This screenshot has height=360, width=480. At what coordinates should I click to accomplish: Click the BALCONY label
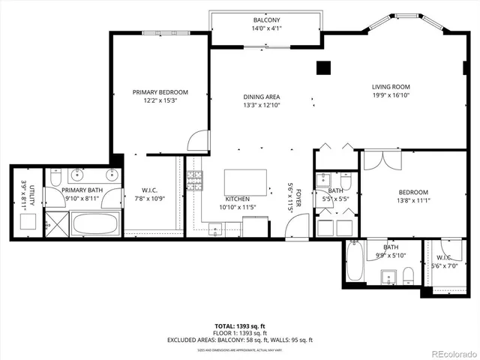pyautogui.click(x=266, y=19)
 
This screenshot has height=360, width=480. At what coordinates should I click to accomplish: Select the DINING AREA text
pyautogui.click(x=261, y=97)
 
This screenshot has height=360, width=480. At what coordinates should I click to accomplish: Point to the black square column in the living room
pyautogui.click(x=323, y=67)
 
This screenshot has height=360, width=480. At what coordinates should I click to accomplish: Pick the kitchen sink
pyautogui.click(x=215, y=228)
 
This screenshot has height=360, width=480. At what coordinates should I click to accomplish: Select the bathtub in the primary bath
pyautogui.click(x=95, y=223)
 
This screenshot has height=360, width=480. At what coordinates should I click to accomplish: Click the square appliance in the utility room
pyautogui.click(x=27, y=221)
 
